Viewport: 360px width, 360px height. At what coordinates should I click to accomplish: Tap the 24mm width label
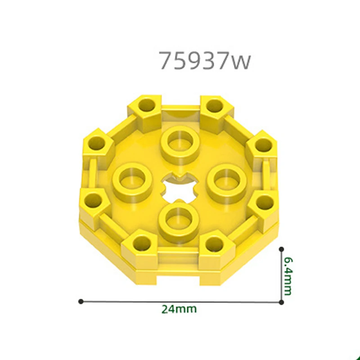[179, 309]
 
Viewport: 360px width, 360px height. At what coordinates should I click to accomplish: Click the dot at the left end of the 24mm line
[81, 301]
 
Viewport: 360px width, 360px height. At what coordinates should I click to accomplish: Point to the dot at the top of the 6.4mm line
[281, 248]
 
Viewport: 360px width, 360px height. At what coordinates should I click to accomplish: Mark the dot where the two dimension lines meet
[281, 301]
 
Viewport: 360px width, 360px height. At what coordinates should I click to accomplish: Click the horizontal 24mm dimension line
[180, 301]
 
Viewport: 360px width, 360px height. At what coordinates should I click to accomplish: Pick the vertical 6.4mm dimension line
[281, 274]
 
